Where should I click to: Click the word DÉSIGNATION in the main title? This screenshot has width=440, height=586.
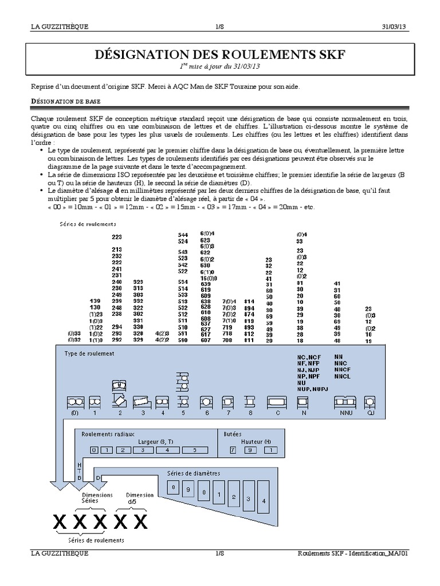(136, 54)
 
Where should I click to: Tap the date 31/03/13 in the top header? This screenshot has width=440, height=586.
(396, 27)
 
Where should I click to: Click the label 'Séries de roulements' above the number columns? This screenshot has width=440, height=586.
(88, 224)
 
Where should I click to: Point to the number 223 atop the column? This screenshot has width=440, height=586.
(117, 237)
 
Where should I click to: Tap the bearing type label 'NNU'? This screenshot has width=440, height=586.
(345, 412)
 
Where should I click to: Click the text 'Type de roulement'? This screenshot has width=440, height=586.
(89, 354)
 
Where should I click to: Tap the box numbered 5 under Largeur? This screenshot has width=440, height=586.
(194, 450)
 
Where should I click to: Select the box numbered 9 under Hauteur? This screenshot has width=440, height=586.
(250, 450)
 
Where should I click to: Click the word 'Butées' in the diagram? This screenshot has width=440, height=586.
(233, 434)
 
